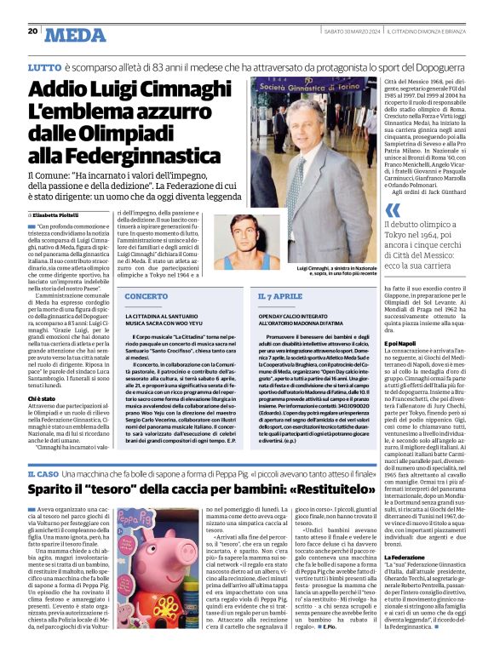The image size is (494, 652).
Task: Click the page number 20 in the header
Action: click(x=32, y=31)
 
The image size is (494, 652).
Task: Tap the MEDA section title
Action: click(x=78, y=34)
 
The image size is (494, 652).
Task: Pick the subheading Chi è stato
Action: click(x=42, y=397)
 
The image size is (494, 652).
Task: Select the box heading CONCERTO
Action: click(x=147, y=296)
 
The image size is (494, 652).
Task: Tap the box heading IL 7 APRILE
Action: click(x=280, y=296)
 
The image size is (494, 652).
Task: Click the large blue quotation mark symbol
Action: click(x=392, y=209)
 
